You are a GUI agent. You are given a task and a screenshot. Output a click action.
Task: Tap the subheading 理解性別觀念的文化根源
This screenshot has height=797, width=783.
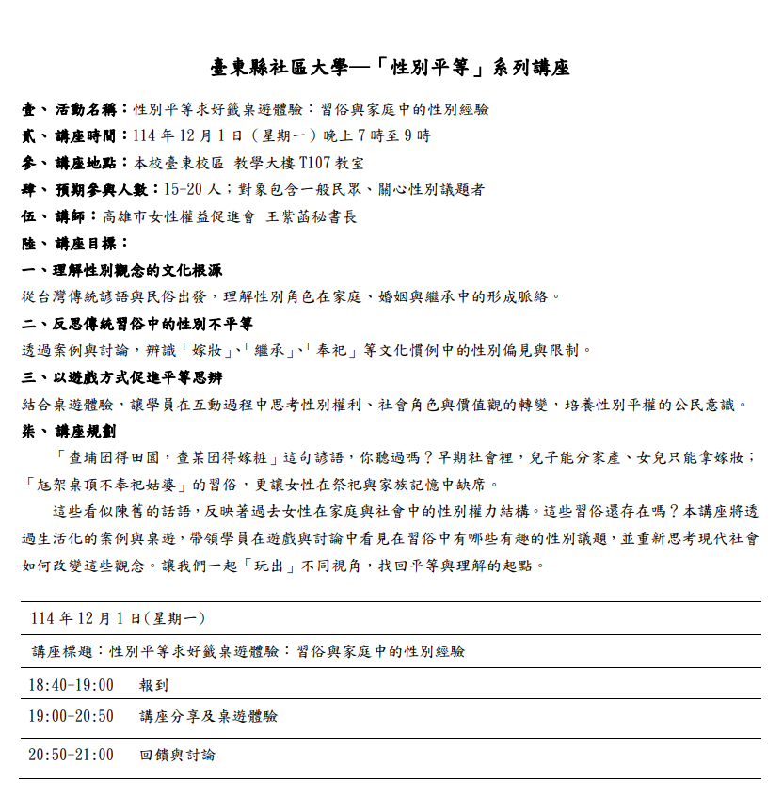[132, 270]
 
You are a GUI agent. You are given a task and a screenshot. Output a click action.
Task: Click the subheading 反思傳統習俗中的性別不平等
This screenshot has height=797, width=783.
[147, 324]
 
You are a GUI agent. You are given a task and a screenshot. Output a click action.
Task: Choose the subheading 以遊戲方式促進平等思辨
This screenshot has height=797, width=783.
[132, 377]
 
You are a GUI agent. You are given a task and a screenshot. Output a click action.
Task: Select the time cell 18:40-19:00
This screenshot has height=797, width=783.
[71, 685]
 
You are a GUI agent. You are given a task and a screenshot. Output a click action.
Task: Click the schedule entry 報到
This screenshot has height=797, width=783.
[153, 685]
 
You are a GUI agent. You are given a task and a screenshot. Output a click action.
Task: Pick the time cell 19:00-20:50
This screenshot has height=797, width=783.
[71, 717]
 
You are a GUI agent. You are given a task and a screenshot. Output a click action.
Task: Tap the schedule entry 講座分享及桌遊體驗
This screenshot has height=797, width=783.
[208, 717]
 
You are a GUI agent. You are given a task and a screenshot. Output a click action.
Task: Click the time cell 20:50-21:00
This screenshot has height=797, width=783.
[71, 755]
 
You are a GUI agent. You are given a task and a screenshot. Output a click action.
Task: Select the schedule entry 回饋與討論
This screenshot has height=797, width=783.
[177, 755]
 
